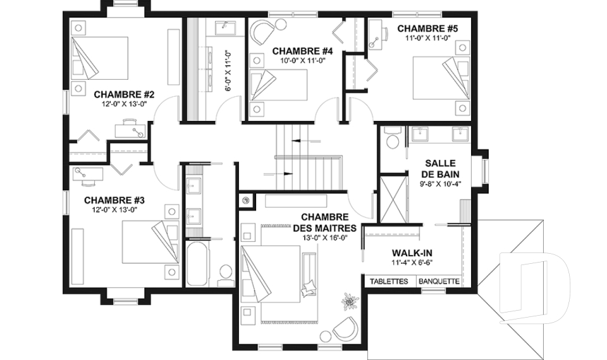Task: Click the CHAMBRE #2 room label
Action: [x=125, y=95]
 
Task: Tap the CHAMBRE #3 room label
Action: [x=114, y=201]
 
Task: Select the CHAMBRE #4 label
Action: [x=302, y=51]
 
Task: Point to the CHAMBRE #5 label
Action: [x=427, y=28]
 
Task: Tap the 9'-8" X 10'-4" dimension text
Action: [x=440, y=184]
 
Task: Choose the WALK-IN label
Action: [x=412, y=253]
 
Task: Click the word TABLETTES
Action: [x=389, y=282]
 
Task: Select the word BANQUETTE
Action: [x=439, y=282]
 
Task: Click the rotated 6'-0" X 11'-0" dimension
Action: [x=228, y=71]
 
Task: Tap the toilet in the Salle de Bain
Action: [x=393, y=139]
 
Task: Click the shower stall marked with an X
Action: [x=394, y=199]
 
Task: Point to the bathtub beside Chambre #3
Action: [x=198, y=263]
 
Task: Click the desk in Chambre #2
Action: [x=130, y=128]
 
